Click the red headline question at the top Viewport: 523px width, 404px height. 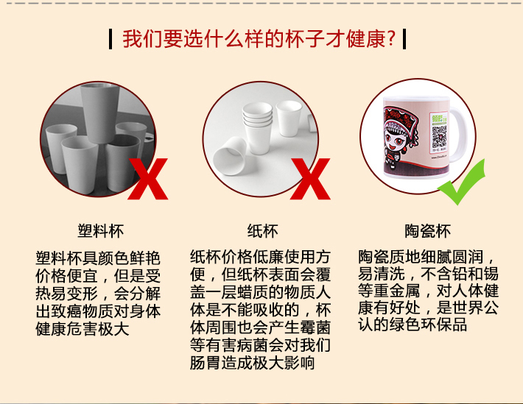point(259,39)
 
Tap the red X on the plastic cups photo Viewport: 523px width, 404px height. point(148,179)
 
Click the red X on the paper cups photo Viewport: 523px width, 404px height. point(310,179)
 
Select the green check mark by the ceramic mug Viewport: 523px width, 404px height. point(462,182)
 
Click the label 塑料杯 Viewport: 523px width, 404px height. point(101,230)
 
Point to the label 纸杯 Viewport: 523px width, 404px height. point(262,230)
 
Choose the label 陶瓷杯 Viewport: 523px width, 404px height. point(428,230)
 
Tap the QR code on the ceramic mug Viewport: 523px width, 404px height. point(439,136)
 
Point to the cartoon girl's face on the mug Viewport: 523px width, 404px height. point(396,139)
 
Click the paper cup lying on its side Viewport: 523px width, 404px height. point(230,157)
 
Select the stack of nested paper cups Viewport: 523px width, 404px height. point(258,127)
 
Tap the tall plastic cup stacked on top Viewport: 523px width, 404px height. point(99,113)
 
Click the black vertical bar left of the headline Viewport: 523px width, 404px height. point(110,39)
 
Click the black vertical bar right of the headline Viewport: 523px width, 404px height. point(404,39)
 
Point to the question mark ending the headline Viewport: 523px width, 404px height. point(391,39)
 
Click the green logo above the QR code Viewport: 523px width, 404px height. point(439,118)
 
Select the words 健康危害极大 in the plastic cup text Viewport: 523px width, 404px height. point(83,330)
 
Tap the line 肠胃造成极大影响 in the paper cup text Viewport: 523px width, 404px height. point(253,363)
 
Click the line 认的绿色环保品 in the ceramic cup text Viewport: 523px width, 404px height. point(413,325)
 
